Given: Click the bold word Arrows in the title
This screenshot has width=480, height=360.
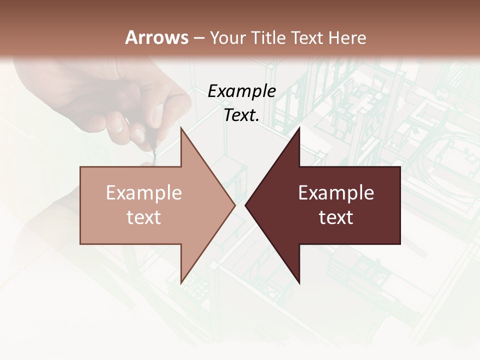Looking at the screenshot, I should click(157, 37).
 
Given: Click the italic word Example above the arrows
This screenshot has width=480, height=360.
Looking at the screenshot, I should click(242, 91).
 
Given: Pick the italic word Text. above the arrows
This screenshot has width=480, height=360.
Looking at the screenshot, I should click(242, 115).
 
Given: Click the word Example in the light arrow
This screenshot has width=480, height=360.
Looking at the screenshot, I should click(144, 193).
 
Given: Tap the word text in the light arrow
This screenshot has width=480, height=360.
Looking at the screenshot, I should click(144, 217).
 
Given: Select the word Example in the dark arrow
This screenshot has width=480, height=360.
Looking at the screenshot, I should click(336, 193).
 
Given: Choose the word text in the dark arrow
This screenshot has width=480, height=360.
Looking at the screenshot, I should click(336, 217).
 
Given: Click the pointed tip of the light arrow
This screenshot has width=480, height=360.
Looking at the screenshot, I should click(234, 205).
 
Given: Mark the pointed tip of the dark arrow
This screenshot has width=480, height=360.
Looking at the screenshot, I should click(245, 205).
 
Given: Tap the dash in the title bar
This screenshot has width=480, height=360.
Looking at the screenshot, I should click(198, 37).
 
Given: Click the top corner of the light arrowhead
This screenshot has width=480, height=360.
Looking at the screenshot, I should click(181, 128).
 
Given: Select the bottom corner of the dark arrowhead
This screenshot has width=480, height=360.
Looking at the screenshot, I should click(299, 283).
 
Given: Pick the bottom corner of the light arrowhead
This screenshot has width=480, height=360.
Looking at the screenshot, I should click(181, 283).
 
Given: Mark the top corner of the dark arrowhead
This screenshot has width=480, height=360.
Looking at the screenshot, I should click(299, 128).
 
